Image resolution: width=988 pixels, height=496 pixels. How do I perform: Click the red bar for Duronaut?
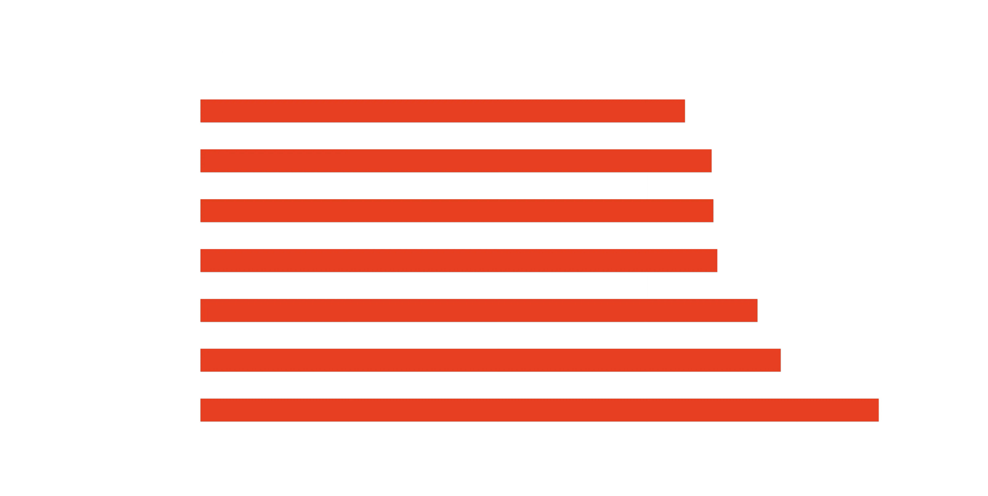pos(442,111)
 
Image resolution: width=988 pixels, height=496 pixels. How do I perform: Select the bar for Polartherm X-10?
pos(456,161)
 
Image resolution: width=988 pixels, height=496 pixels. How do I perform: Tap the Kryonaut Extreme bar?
pos(456,211)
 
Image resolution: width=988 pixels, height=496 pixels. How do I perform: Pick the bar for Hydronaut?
pos(479,310)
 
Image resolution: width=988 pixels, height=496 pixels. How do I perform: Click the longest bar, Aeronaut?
pos(539,410)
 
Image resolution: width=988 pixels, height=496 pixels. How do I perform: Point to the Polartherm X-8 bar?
pos(490,360)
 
